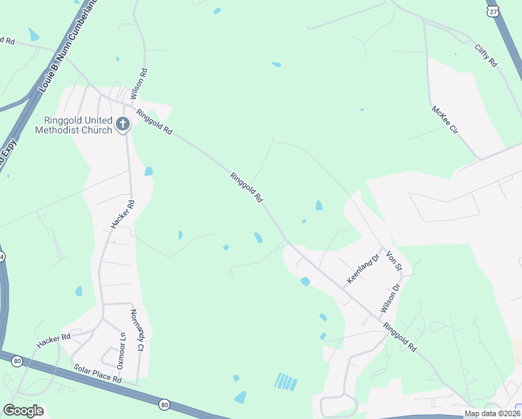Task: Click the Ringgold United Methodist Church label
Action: (73, 125)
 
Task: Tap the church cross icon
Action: (123, 125)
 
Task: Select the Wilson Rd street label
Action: (143, 82)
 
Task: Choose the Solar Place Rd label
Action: (97, 375)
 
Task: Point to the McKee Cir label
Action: (444, 120)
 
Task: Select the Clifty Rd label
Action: (486, 56)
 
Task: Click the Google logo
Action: (23, 411)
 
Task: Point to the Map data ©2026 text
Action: (492, 413)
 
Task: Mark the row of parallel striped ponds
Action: (286, 381)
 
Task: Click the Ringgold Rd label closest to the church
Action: (154, 123)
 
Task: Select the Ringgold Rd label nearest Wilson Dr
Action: (398, 337)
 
